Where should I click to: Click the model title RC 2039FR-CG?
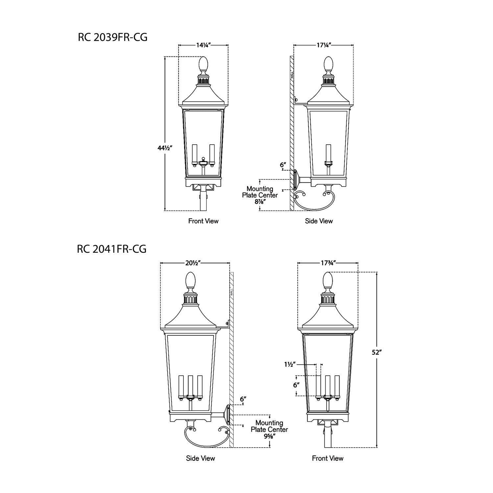coord(112,37)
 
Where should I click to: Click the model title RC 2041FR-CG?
coord(112,249)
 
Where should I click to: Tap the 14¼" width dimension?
coord(203,45)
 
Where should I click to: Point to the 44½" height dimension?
coord(165,148)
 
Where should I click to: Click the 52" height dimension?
coord(377,352)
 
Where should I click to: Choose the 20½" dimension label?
coord(193,263)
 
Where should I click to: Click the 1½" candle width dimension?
coord(290,364)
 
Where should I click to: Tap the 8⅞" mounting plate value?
coord(260,201)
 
